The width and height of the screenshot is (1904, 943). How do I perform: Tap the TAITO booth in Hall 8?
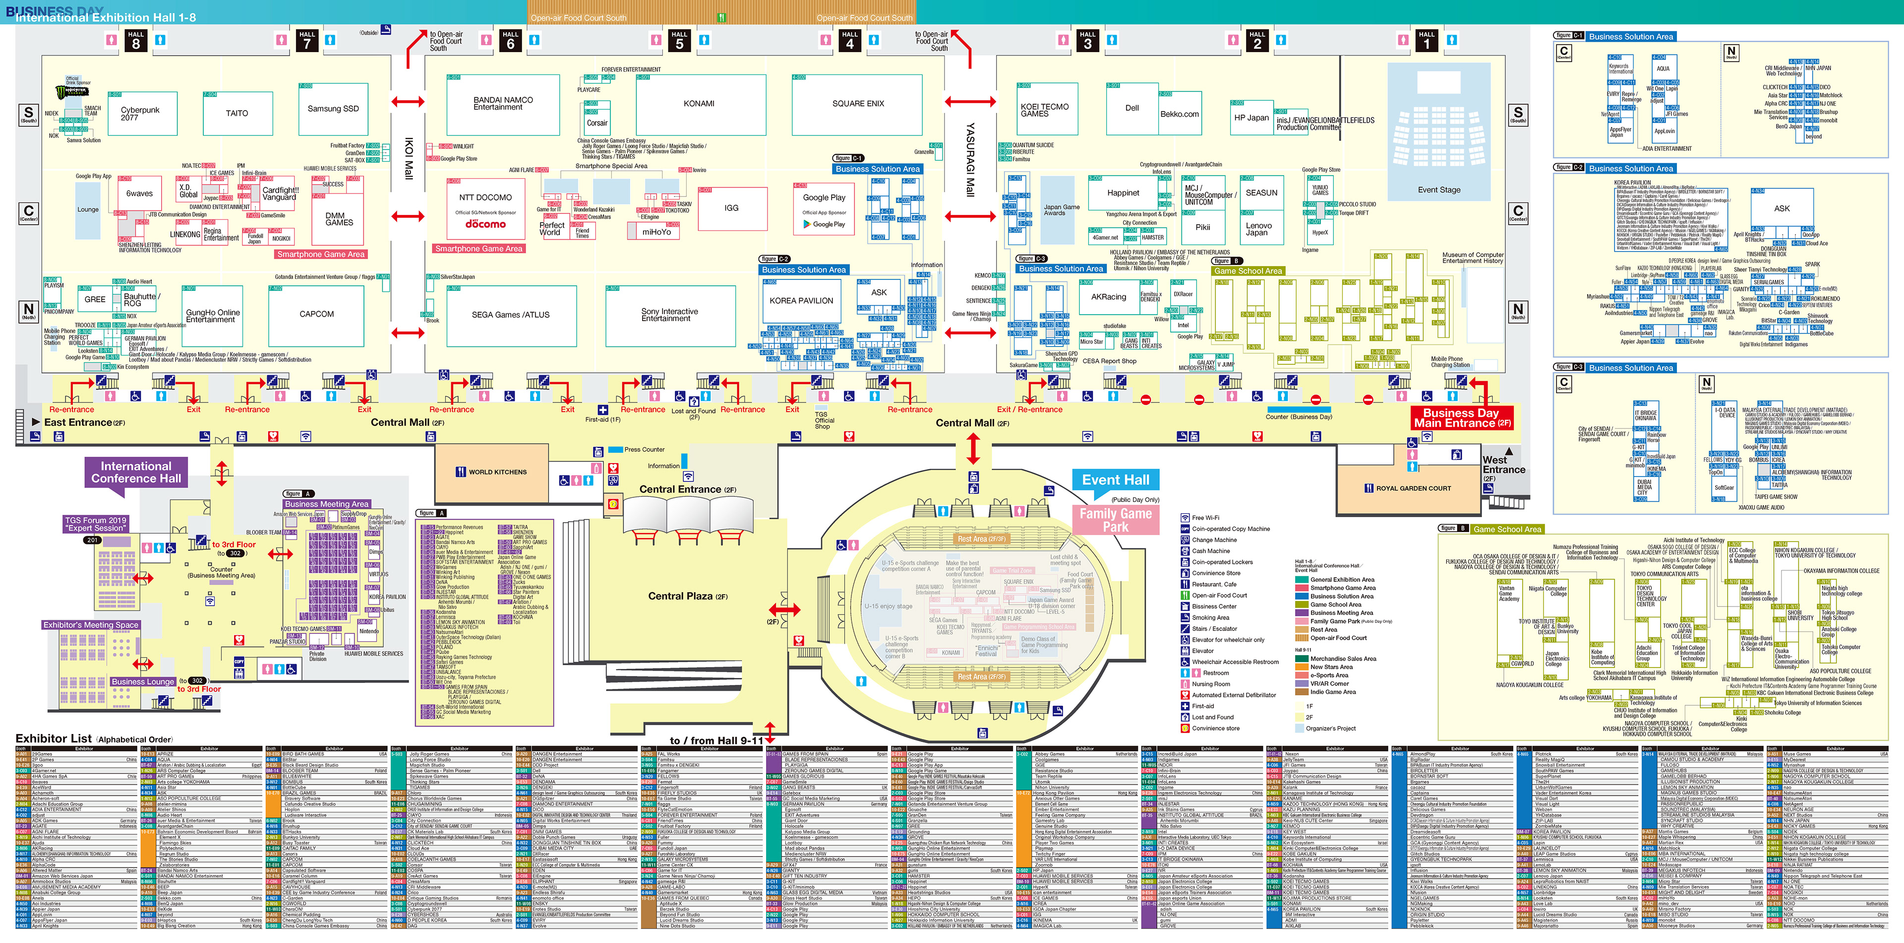pos(237,113)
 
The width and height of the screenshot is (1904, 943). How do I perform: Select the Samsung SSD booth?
pos(333,109)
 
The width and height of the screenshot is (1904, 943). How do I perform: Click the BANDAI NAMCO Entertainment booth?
pos(503,104)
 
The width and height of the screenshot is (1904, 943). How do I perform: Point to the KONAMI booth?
pos(699,104)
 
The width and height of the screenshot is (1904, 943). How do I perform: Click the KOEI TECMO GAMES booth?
pos(1044,110)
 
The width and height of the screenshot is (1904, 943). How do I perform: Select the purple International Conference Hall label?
pos(136,472)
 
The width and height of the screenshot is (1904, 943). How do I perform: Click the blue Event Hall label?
pos(1115,480)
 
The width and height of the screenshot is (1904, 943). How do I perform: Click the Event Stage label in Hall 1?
pos(1438,190)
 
